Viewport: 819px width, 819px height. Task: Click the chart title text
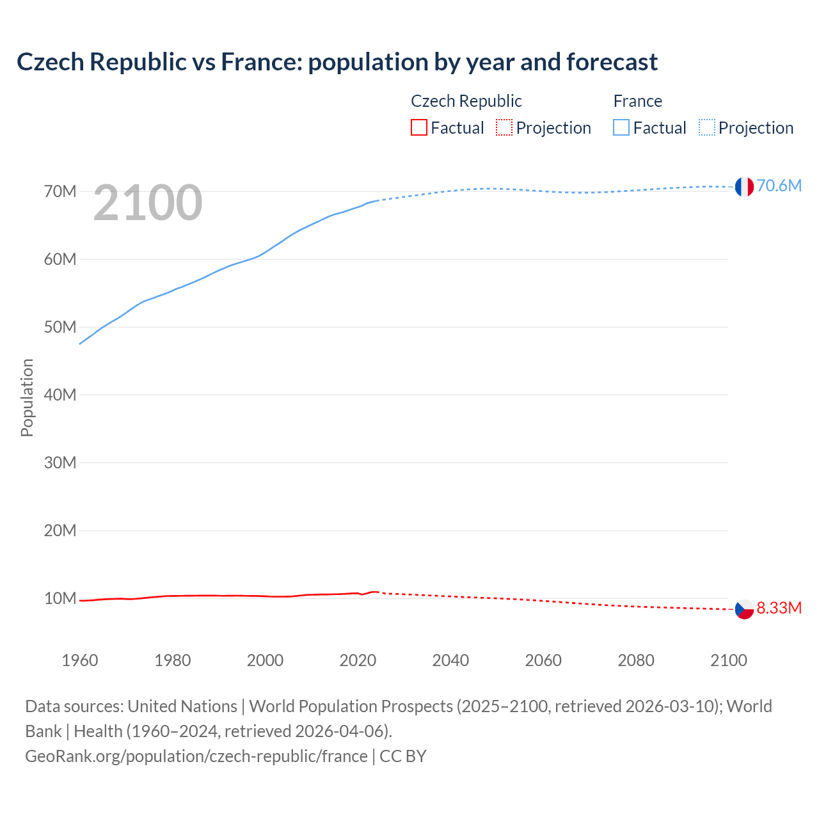click(x=337, y=62)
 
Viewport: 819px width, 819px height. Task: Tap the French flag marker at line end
click(x=743, y=186)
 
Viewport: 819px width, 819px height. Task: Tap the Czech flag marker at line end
click(x=743, y=609)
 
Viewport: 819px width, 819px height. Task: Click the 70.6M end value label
click(x=779, y=186)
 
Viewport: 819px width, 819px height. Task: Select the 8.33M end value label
click(x=779, y=608)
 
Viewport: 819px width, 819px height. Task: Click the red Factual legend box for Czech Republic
click(x=418, y=128)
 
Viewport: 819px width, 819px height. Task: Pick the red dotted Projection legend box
click(x=504, y=128)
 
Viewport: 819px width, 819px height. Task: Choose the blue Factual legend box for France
click(x=621, y=128)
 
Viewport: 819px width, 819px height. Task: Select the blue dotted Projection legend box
click(x=706, y=128)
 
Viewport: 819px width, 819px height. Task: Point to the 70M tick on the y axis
click(x=60, y=191)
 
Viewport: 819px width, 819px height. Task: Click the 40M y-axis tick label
click(x=60, y=395)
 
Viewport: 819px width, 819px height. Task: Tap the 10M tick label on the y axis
click(x=60, y=598)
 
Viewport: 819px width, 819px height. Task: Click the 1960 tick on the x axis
click(x=80, y=660)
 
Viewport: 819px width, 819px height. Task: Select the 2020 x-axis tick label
click(x=358, y=660)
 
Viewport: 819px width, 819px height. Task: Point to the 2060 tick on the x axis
click(x=543, y=660)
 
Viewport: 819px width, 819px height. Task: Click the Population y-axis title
click(x=27, y=397)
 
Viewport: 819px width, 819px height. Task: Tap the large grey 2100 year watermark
click(x=148, y=203)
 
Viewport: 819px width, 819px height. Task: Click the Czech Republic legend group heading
click(x=466, y=101)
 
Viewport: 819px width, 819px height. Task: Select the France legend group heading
click(x=637, y=101)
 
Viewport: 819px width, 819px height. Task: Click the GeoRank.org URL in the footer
click(x=196, y=756)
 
